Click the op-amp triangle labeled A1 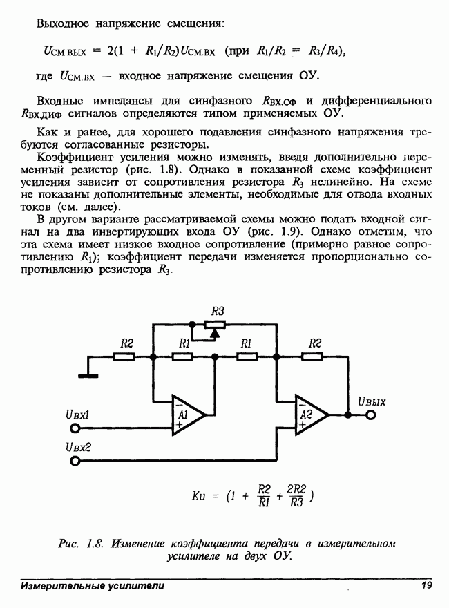pyautogui.click(x=187, y=415)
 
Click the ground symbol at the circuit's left pyautogui.click(x=88, y=376)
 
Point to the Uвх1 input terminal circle pyautogui.click(x=75, y=428)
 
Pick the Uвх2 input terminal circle pyautogui.click(x=75, y=461)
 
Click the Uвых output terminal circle pyautogui.click(x=371, y=415)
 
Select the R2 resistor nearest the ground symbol pyautogui.click(x=124, y=357)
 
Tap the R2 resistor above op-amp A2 pyautogui.click(x=312, y=357)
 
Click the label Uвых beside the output pyautogui.click(x=372, y=401)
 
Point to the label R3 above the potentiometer pyautogui.click(x=218, y=311)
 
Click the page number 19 pyautogui.click(x=426, y=585)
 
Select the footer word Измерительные pyautogui.click(x=63, y=585)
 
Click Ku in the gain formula pyautogui.click(x=198, y=496)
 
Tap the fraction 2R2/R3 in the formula pyautogui.click(x=296, y=496)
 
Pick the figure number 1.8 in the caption pyautogui.click(x=94, y=544)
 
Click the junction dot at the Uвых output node pyautogui.click(x=347, y=415)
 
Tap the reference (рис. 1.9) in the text pyautogui.click(x=274, y=232)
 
